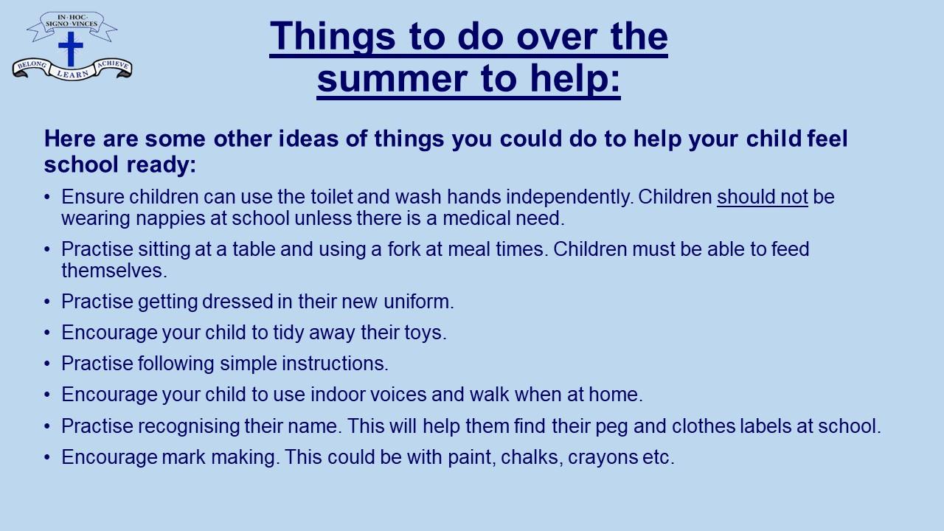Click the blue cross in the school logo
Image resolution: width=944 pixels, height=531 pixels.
pos(71,49)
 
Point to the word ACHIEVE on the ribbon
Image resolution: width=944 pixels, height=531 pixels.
pos(113,64)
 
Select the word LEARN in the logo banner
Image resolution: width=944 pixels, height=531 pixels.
pos(72,74)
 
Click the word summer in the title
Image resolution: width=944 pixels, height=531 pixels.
pos(392,78)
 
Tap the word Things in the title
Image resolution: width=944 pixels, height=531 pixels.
pos(333,37)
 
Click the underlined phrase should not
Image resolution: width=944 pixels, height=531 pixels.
pos(763,197)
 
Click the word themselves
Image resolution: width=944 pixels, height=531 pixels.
pos(114,271)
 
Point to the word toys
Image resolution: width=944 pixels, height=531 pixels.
pos(426,333)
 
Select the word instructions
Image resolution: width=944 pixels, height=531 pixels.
pos(335,364)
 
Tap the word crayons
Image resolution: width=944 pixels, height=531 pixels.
pos(603,458)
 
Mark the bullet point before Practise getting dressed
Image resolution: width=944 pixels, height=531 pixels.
pos(47,302)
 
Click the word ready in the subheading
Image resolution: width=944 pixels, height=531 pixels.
pos(161,164)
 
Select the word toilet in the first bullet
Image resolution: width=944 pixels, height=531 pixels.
pos(332,197)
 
